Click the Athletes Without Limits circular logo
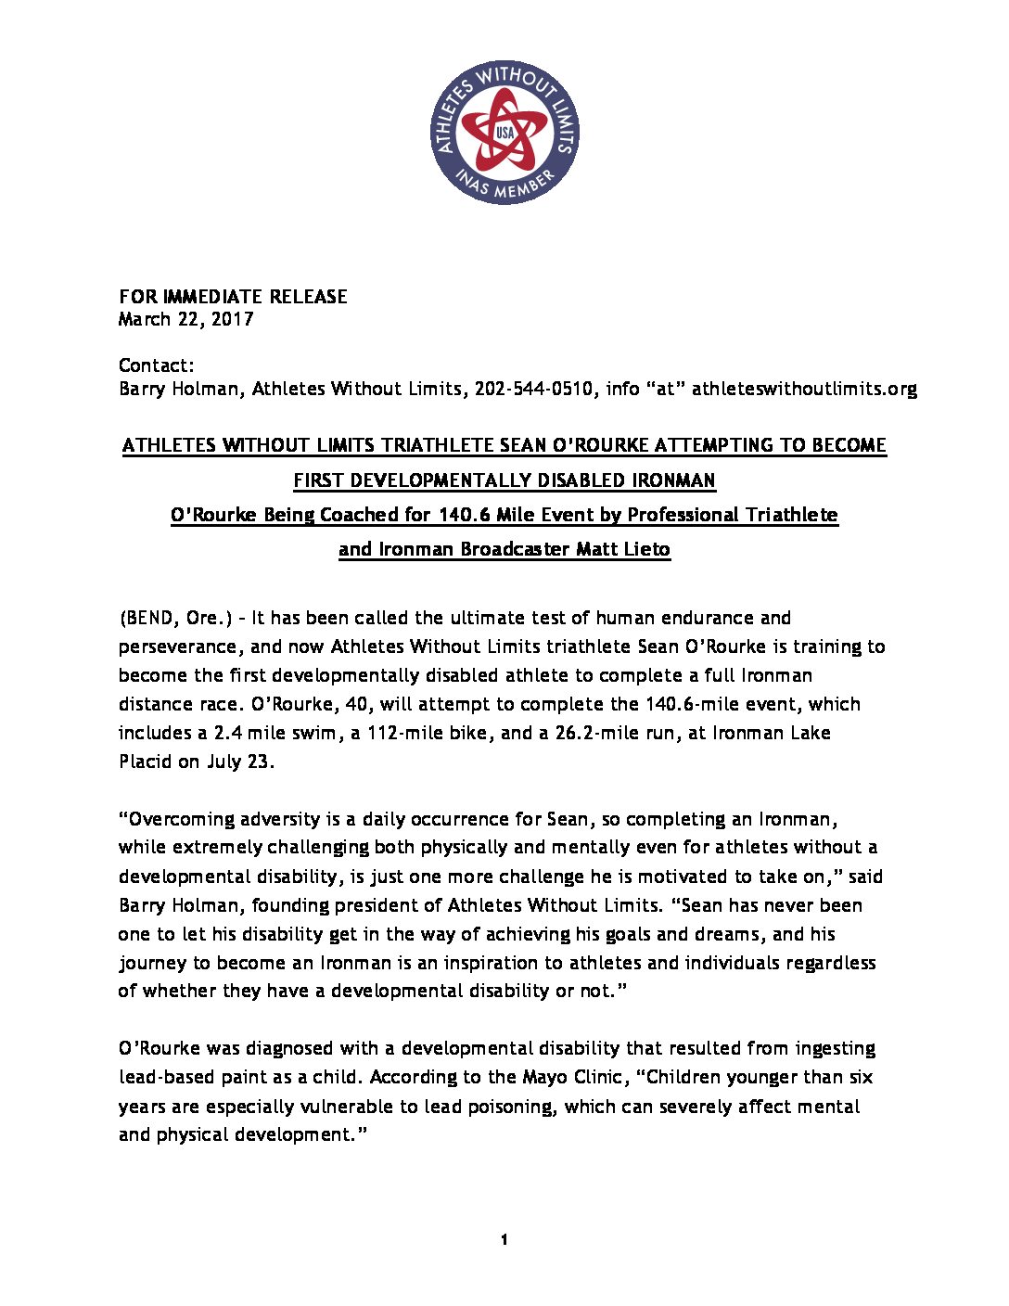tap(504, 133)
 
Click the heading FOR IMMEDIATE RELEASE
tap(233, 297)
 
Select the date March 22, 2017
tap(185, 320)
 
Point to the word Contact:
tap(156, 365)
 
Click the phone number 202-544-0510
tap(533, 389)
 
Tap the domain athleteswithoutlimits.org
tap(804, 389)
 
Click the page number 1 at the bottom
tap(504, 1240)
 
